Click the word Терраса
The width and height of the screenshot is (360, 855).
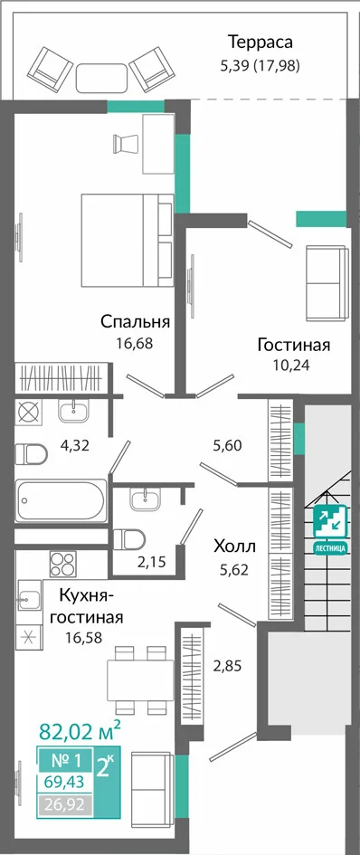tap(261, 42)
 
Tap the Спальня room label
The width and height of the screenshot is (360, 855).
tap(136, 322)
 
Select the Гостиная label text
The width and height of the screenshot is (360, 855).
tap(294, 345)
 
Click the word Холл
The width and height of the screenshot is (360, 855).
tap(234, 546)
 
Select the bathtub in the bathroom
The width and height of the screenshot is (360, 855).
tap(62, 500)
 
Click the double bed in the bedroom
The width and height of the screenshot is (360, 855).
tap(128, 240)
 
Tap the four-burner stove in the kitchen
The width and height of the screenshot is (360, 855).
tap(63, 564)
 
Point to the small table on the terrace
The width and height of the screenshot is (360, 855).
tap(101, 78)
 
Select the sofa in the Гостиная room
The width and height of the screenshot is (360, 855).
tap(326, 283)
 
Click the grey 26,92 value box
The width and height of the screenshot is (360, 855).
tap(65, 805)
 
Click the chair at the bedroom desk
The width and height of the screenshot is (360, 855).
tap(125, 143)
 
